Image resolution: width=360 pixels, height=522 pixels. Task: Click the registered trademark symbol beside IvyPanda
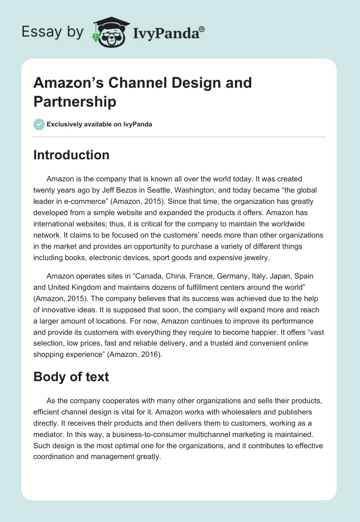click(202, 29)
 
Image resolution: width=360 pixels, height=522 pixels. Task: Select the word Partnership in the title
click(75, 101)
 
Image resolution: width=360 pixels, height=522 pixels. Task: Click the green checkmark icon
click(39, 124)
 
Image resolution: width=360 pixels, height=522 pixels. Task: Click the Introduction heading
click(72, 155)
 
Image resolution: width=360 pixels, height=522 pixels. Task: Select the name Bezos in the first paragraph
click(135, 190)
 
